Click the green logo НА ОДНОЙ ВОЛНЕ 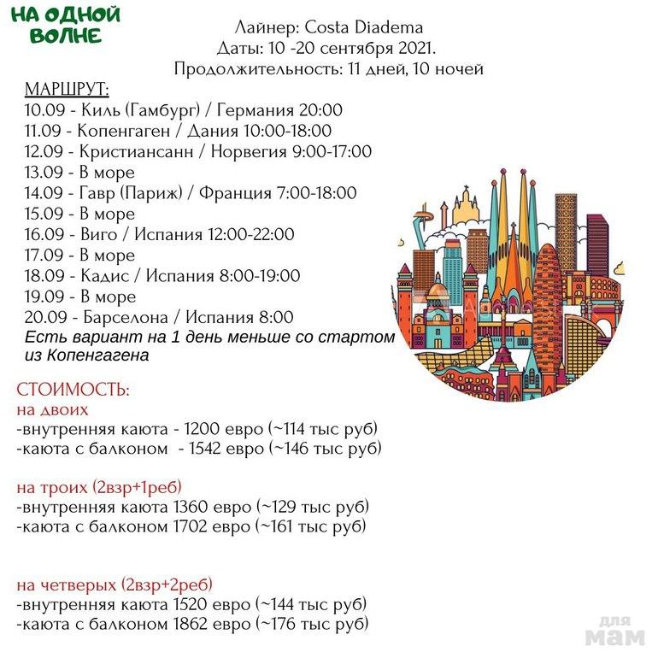(66, 25)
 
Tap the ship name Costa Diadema (363, 27)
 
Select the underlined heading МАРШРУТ (67, 90)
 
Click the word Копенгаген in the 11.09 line (124, 132)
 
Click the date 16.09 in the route (44, 234)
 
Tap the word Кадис (104, 276)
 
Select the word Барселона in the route (125, 317)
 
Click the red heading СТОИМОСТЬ (73, 390)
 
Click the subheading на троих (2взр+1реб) (99, 488)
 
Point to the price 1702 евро (212, 526)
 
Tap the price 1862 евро (212, 624)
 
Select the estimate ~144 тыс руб (310, 605)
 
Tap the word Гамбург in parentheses (163, 110)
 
